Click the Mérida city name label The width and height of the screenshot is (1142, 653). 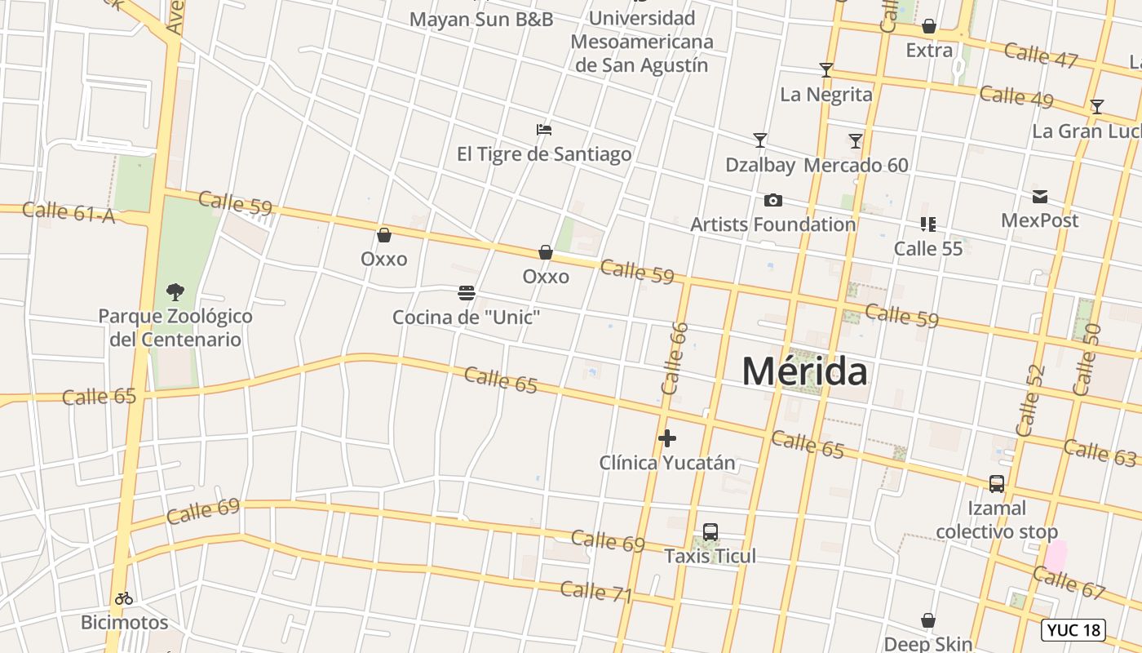tap(804, 371)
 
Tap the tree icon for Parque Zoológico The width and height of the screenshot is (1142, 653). tap(175, 291)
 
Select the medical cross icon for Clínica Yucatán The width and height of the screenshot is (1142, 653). tap(667, 438)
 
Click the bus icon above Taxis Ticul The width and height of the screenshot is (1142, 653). tap(710, 532)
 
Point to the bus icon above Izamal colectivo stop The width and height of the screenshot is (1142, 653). tap(996, 484)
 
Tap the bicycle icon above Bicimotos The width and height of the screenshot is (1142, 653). tap(124, 598)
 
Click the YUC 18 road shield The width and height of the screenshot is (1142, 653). tap(1073, 630)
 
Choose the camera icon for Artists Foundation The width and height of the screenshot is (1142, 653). tap(772, 200)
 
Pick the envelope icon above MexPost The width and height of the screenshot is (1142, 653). tap(1039, 197)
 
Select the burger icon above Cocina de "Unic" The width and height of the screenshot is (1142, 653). tap(467, 292)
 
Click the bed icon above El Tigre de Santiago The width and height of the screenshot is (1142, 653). tap(544, 130)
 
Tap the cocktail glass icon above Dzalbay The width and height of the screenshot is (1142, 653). tap(759, 140)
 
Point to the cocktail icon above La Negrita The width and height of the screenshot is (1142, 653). tap(826, 70)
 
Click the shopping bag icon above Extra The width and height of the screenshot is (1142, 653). tap(928, 27)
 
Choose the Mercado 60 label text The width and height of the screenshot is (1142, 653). tap(856, 165)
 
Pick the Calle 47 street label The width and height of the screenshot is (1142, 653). tap(1041, 55)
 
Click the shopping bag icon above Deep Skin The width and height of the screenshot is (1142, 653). tap(928, 621)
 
